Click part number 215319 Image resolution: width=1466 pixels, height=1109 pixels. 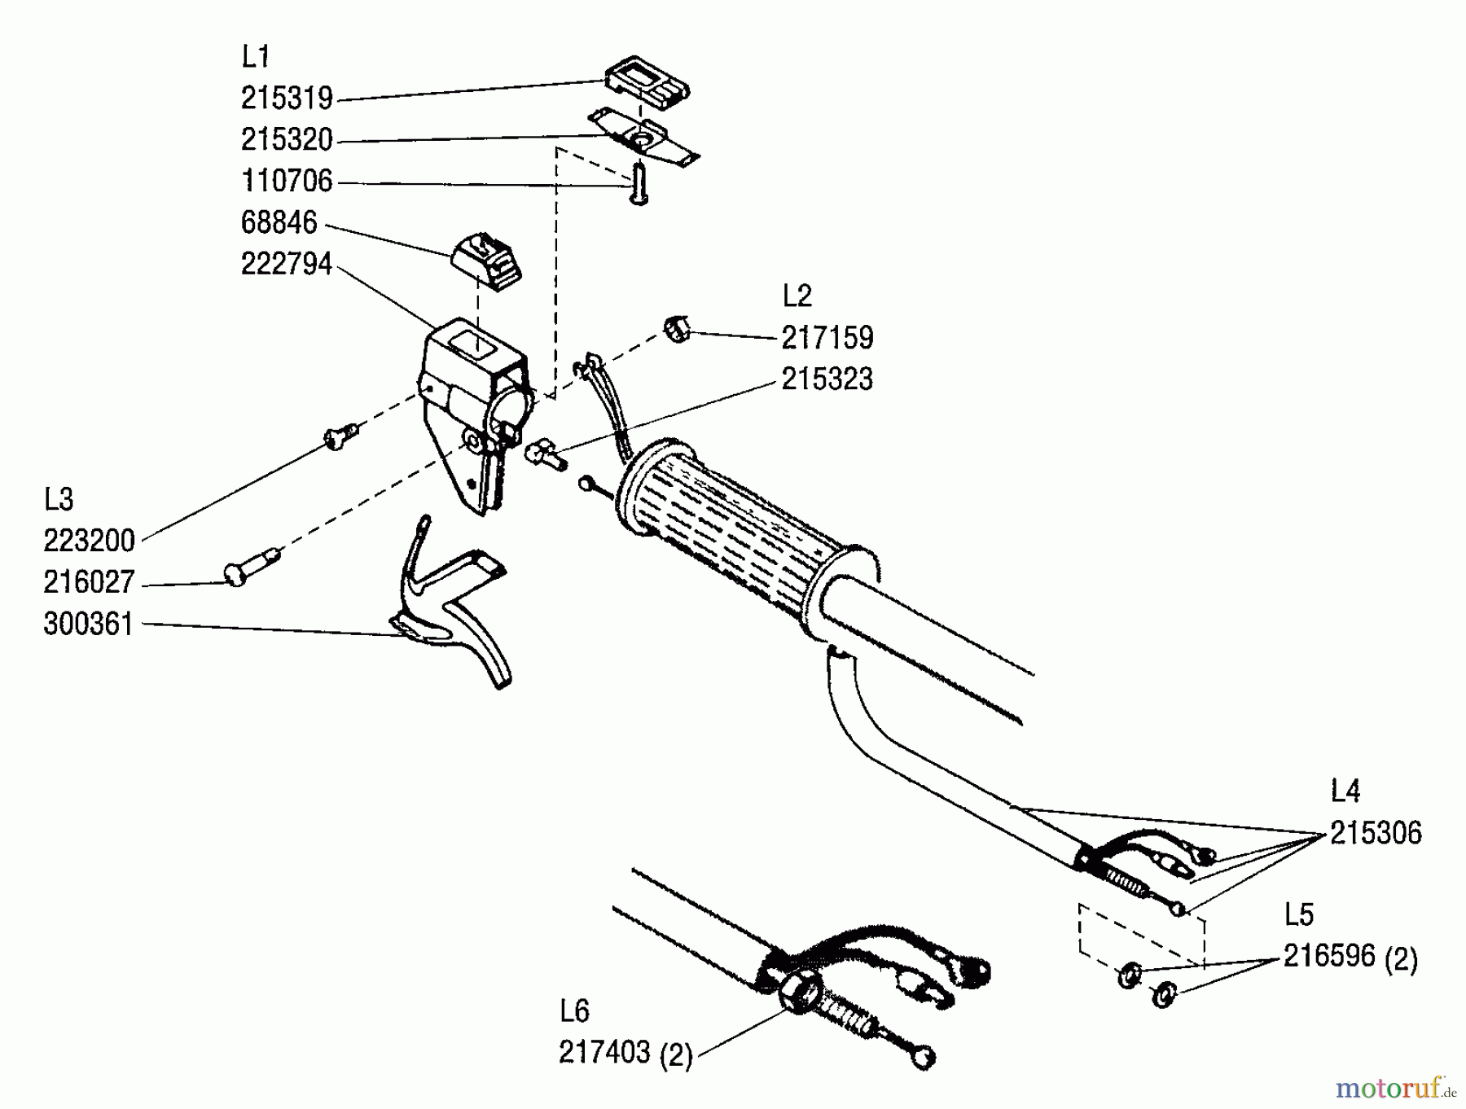(287, 99)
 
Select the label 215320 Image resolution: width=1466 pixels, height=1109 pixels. (287, 140)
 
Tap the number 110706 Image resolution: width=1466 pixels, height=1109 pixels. (287, 181)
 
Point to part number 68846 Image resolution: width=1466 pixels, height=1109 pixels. (279, 222)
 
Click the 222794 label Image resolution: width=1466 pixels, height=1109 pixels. (287, 264)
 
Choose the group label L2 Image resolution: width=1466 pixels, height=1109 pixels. (797, 296)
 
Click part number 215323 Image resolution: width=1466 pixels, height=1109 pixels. (827, 379)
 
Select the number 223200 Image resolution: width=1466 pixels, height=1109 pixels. (89, 541)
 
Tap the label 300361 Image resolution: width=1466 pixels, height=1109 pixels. (88, 625)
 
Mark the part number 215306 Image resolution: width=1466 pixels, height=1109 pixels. (1376, 833)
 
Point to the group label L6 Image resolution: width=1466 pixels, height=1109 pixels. (574, 1011)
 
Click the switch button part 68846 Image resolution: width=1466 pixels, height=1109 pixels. (486, 260)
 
